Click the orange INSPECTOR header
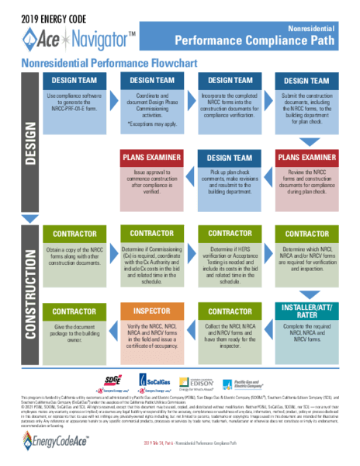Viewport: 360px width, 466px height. (x=152, y=311)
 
